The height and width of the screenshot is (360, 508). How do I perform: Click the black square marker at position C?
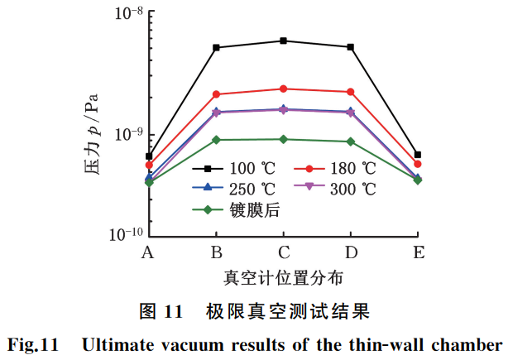pos(284,41)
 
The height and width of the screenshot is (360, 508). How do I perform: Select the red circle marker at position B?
pos(216,94)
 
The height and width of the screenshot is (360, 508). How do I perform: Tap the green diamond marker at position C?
pos(284,139)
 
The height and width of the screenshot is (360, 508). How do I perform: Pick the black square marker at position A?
pos(149,156)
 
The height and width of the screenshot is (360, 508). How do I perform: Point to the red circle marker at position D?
pos(351,92)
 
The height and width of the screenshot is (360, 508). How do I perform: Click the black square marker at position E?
pos(418,155)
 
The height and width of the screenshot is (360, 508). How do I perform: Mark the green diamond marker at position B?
pos(216,140)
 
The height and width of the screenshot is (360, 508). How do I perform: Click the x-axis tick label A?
pos(148,252)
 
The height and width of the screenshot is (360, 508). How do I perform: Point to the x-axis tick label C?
pos(284,252)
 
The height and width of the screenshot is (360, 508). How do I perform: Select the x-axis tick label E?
pos(419,252)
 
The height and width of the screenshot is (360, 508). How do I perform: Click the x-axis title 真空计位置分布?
pos(283,276)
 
